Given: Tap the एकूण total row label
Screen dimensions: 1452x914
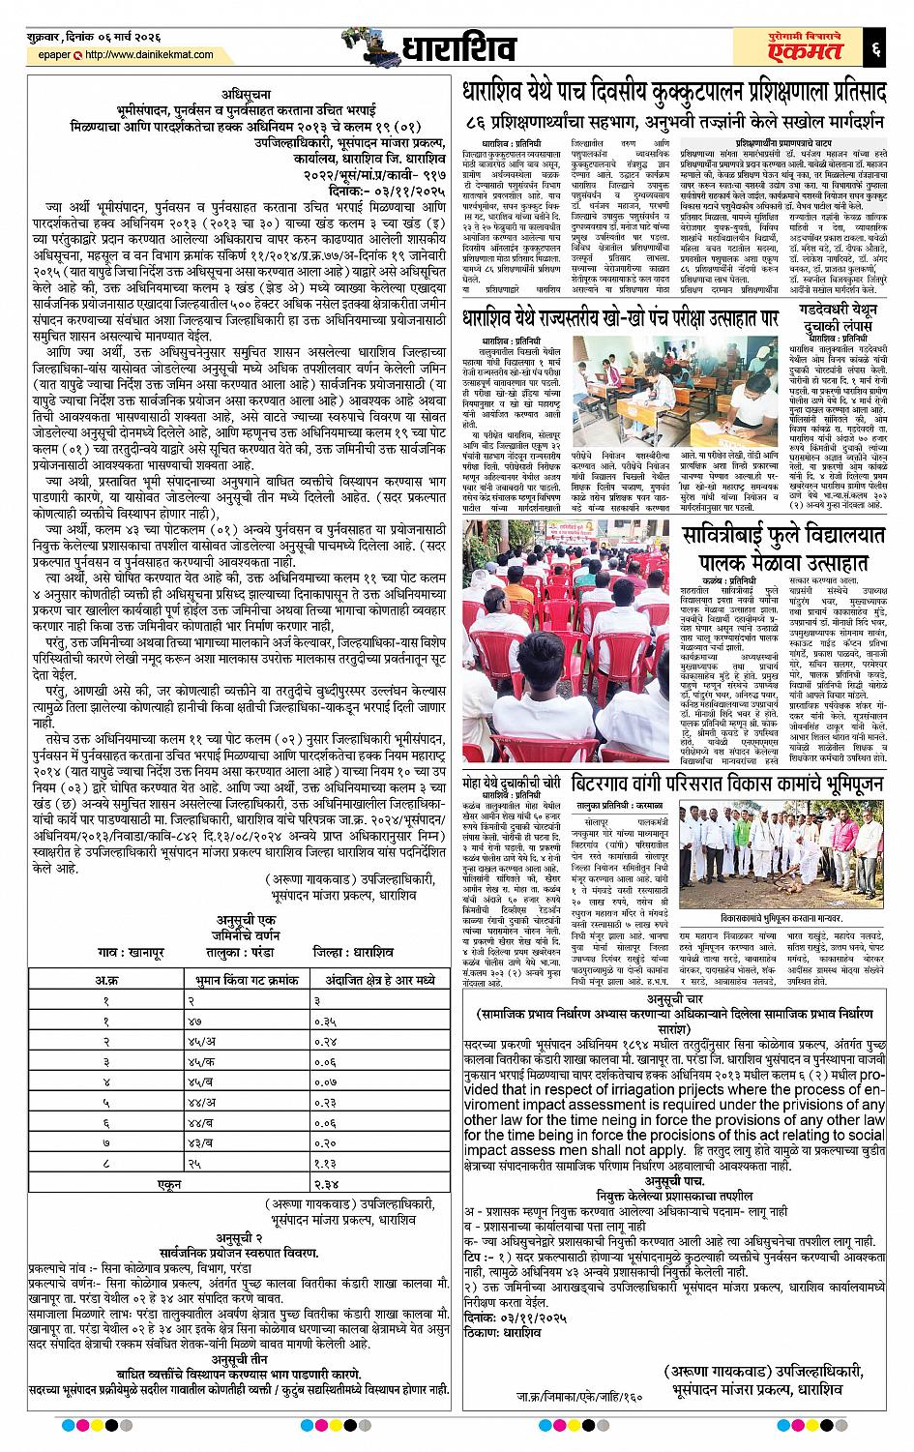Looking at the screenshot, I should pos(169,1185).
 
